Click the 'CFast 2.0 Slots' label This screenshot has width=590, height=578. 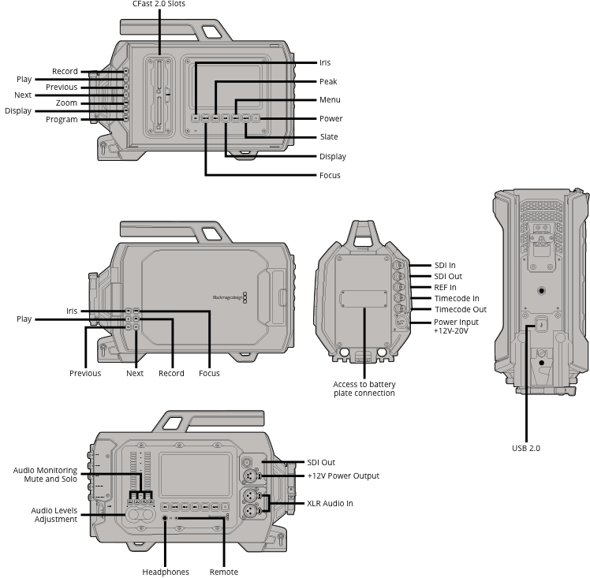click(159, 4)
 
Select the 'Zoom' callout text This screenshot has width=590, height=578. click(66, 103)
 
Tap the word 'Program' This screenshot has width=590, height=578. click(62, 120)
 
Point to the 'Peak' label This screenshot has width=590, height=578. click(328, 81)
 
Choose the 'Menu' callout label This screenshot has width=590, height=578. click(330, 99)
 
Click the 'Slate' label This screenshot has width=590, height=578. click(329, 137)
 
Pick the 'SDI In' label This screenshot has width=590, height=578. click(445, 266)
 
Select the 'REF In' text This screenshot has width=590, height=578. click(445, 288)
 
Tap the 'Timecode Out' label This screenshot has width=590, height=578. click(461, 309)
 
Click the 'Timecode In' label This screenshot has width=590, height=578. click(457, 299)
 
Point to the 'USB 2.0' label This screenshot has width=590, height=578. click(526, 448)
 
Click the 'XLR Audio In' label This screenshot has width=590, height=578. click(330, 504)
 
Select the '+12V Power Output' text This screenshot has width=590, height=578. click(343, 476)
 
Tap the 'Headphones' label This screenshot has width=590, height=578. click(166, 572)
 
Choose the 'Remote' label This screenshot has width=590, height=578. click(224, 572)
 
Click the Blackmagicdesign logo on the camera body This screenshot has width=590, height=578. click(230, 297)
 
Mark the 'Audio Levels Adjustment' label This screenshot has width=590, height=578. click(54, 515)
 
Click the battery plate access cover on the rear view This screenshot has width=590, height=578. click(364, 299)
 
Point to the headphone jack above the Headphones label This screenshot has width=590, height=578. click(165, 518)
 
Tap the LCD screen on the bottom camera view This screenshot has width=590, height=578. click(195, 475)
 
